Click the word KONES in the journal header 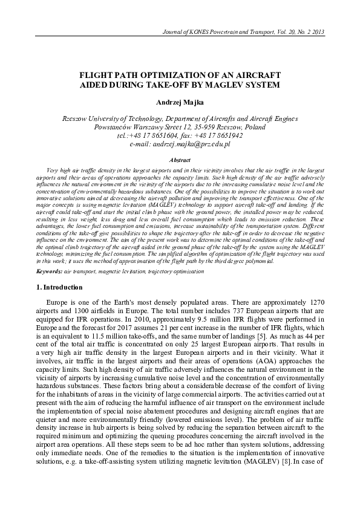pos(208,31)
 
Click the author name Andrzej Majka pos(180,102)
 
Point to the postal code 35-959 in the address pos(209,128)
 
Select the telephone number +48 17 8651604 pos(149,137)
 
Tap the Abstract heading pos(180,160)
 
